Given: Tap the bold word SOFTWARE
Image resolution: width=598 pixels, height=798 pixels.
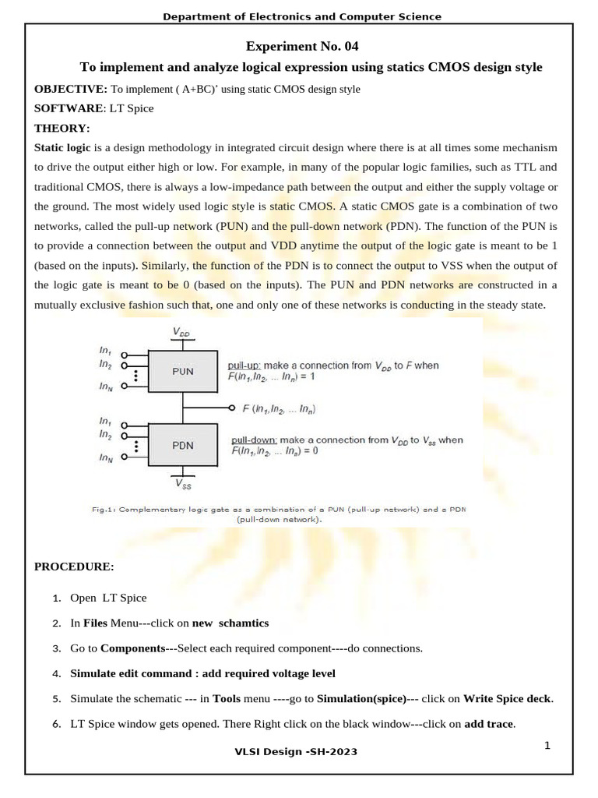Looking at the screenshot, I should tap(68, 108).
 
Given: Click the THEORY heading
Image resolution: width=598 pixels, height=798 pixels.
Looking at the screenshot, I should tap(62, 128).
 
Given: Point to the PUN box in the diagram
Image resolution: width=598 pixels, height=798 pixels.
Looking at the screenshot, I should tap(183, 373).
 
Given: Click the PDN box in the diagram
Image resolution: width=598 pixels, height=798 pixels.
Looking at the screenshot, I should tap(183, 445).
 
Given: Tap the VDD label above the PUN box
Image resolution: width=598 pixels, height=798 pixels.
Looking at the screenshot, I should tap(180, 334).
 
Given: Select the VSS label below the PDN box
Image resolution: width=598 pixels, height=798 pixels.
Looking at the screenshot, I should tap(183, 484).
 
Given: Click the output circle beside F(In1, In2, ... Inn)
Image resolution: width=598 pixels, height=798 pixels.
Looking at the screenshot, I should tap(232, 408).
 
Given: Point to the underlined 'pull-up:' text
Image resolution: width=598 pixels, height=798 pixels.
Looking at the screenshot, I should tap(245, 365).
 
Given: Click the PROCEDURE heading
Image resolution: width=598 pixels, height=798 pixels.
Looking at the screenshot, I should tap(74, 566).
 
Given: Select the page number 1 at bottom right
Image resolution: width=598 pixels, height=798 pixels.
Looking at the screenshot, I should tap(547, 745).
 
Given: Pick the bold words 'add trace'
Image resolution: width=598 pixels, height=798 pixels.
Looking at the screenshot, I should tap(488, 724).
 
